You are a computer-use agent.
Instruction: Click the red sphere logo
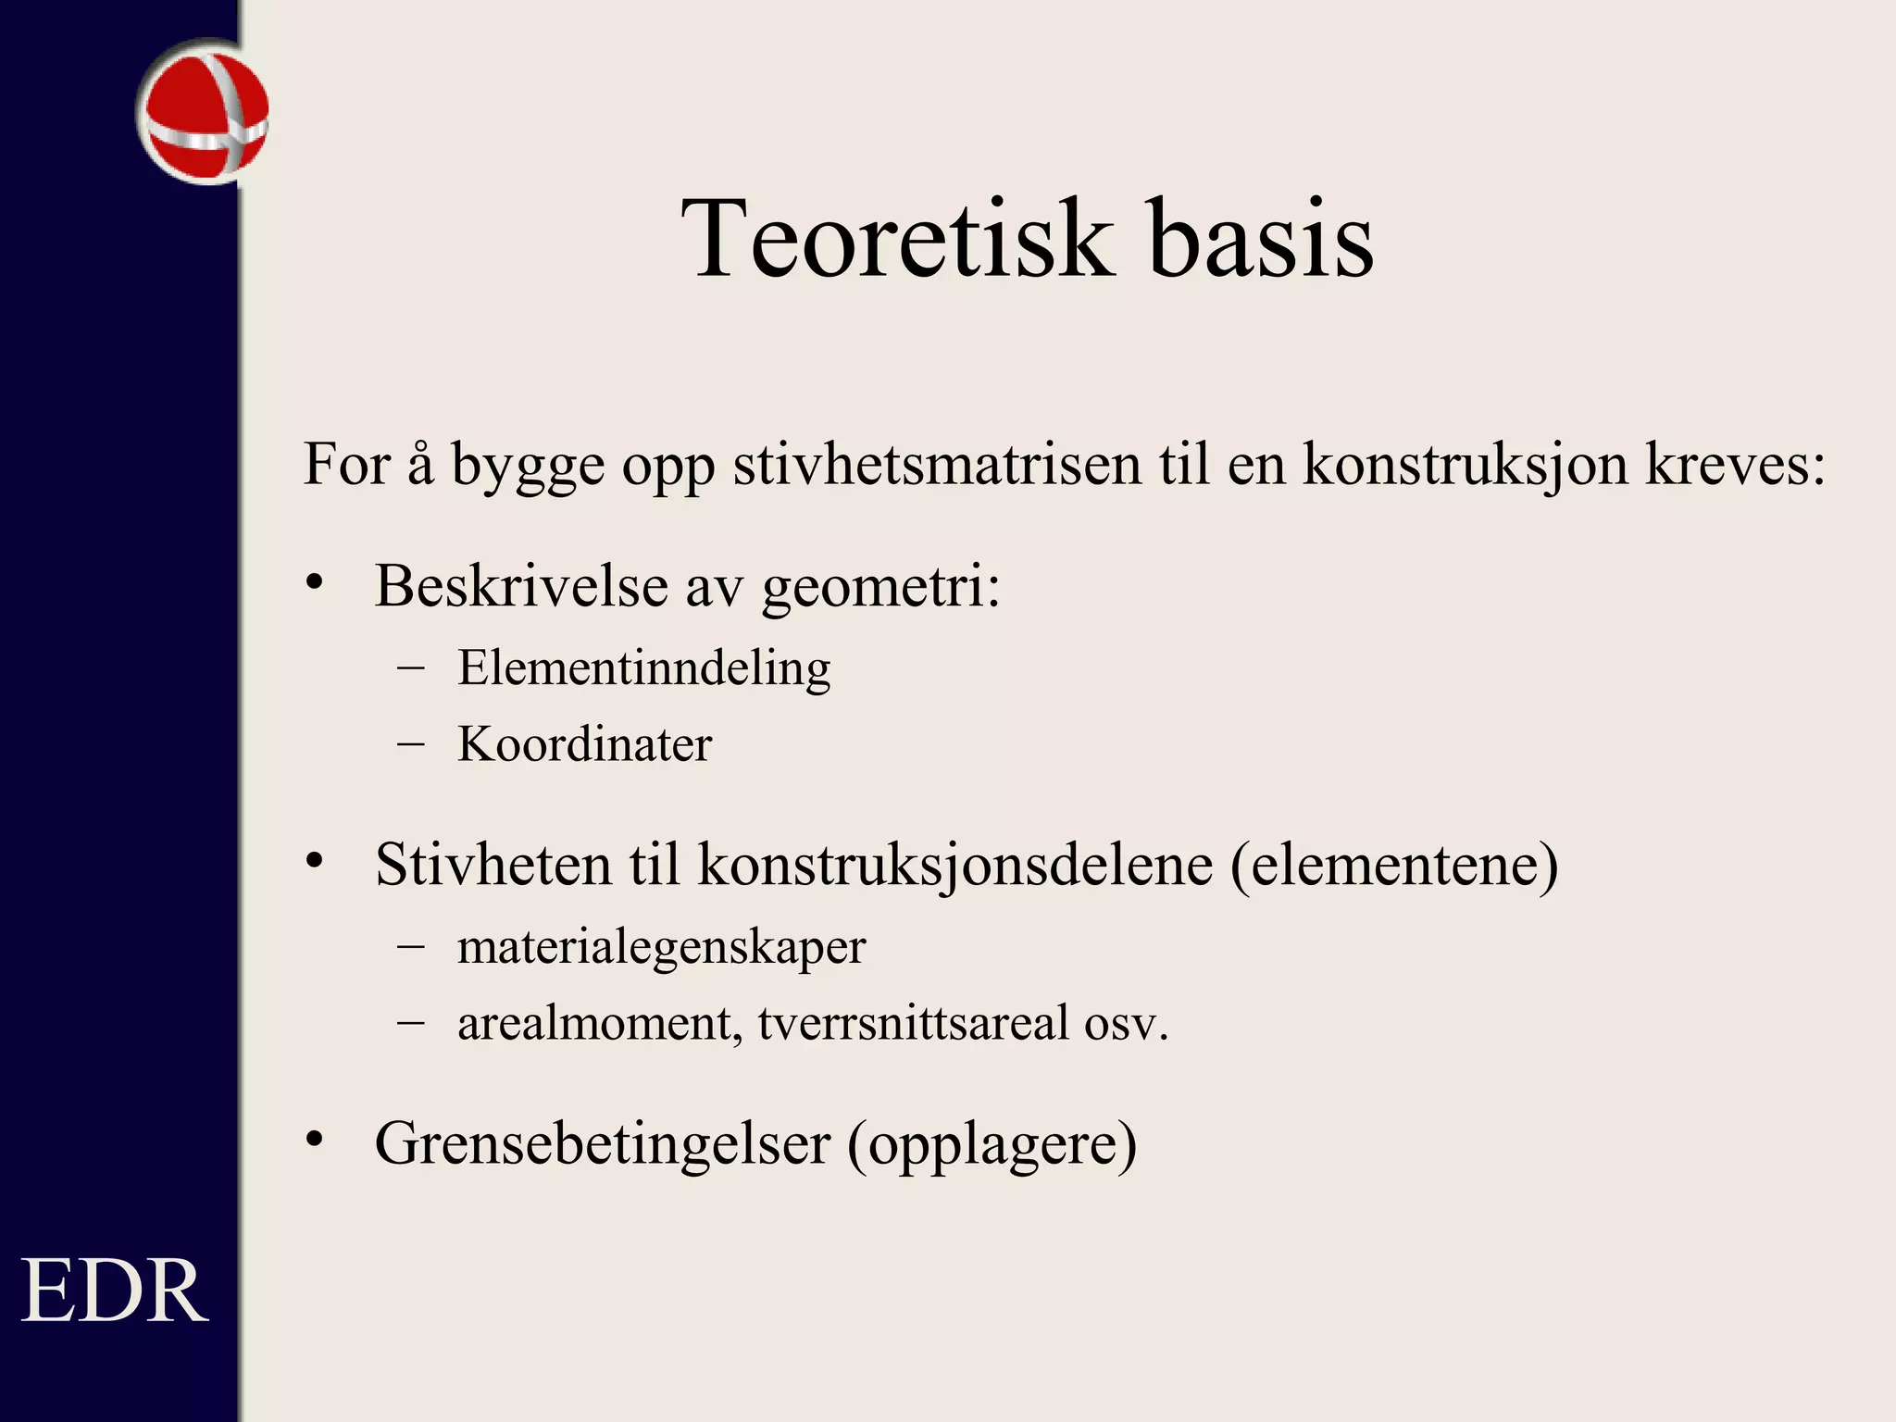click(204, 113)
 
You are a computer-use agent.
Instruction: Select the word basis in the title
click(1260, 239)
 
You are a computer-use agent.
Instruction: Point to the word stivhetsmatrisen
click(937, 464)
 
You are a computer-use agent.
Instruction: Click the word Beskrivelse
click(521, 586)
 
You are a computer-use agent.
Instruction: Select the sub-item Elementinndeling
click(644, 668)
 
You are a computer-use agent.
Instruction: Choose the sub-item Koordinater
click(585, 744)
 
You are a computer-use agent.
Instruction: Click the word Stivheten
click(493, 865)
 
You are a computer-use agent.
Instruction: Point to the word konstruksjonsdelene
click(954, 867)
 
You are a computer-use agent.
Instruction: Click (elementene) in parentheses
click(1394, 867)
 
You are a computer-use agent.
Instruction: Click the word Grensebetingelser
click(602, 1144)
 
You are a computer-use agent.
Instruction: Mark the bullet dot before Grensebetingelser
click(316, 1140)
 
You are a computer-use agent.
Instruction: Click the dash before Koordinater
click(410, 743)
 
